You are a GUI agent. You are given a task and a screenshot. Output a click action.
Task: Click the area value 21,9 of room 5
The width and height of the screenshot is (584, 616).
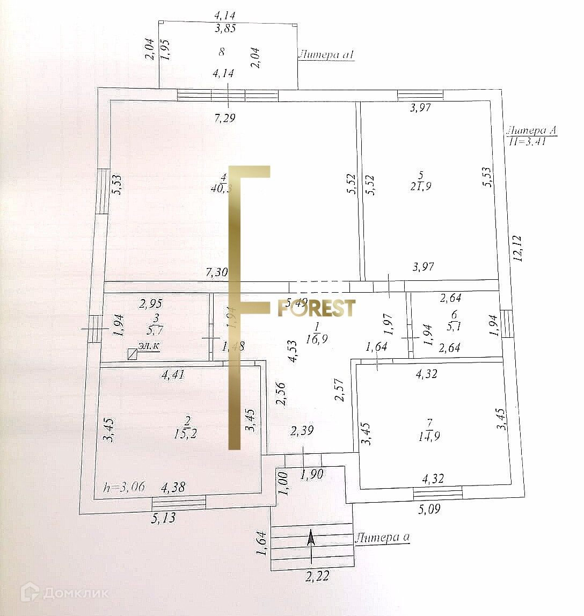421,187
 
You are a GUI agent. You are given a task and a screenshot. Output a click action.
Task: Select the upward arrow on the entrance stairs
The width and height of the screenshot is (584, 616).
311,543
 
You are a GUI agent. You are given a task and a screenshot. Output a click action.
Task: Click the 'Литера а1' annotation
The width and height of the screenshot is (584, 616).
327,54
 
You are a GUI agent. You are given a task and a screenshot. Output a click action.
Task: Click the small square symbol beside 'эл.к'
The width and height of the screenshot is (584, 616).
132,353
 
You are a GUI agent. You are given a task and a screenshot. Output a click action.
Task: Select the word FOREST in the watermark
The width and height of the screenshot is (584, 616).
317,308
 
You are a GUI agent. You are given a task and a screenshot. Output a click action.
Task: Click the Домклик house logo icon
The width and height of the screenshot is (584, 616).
30,592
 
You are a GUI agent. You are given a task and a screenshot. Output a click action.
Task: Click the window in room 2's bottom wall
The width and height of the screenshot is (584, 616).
179,503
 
